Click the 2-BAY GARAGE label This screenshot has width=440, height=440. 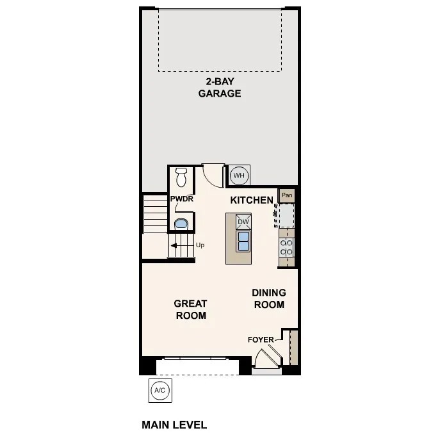coord(219,87)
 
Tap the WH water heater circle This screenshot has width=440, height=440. coord(239,175)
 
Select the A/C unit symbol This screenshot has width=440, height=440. coord(160,389)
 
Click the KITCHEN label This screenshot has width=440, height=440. coord(252,200)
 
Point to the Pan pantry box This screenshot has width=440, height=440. coord(287,195)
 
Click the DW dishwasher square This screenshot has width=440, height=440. coord(243,222)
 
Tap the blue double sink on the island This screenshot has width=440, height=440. coord(243,241)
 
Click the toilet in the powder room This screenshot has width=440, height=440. coord(181,175)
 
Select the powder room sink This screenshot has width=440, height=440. coord(181,224)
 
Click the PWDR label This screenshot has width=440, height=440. coord(182,199)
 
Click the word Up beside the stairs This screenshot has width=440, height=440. coord(200,245)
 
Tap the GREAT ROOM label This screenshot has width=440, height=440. coord(191,309)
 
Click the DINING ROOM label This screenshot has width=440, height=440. coord(269,298)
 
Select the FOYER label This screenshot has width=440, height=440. coord(261,339)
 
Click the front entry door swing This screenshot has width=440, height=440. coord(265,359)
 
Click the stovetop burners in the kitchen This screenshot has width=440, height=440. coord(287,248)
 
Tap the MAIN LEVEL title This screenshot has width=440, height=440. coord(174,425)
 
